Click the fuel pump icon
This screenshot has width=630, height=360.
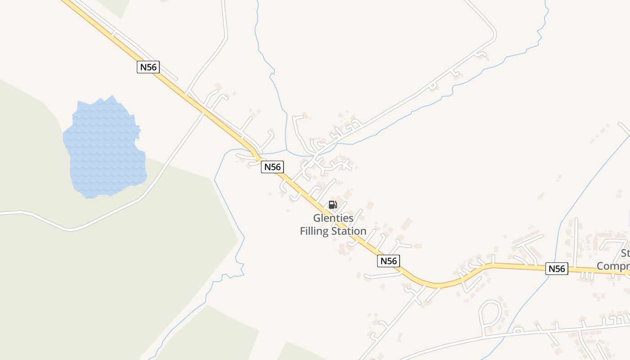pyautogui.click(x=333, y=205)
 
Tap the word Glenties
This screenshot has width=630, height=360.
pyautogui.click(x=333, y=218)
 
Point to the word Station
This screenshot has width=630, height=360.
pyautogui.click(x=349, y=231)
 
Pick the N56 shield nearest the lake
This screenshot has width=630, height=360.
pyautogui.click(x=148, y=67)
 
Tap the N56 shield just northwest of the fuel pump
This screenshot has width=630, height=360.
pyautogui.click(x=272, y=167)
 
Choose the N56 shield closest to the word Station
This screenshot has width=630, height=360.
pyautogui.click(x=388, y=261)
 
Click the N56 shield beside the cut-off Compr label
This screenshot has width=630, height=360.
pyautogui.click(x=557, y=269)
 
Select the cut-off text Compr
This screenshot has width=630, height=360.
pyautogui.click(x=613, y=266)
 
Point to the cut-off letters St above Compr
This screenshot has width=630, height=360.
pyautogui.click(x=625, y=253)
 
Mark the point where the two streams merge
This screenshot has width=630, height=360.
pyautogui.click(x=287, y=149)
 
